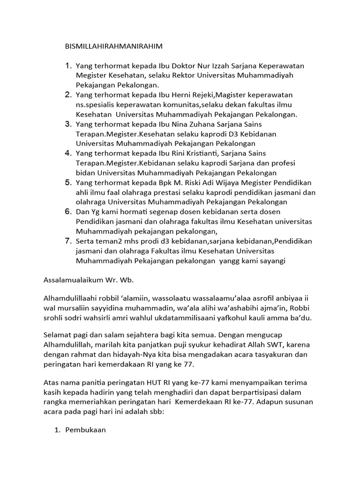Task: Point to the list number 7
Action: pos(67,241)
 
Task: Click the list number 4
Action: pos(67,153)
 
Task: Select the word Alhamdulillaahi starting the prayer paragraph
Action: pos(69,298)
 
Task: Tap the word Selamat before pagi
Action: pos(59,335)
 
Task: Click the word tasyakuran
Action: pos(269,355)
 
